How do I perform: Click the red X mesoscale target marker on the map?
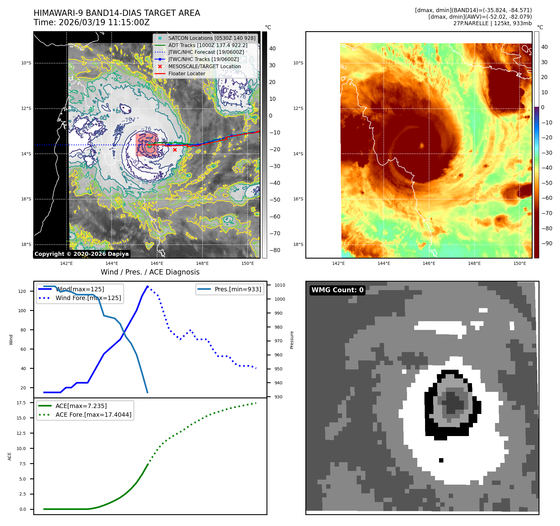coord(175,150)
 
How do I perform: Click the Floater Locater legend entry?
coord(187,74)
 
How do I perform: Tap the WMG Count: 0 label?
coord(337,290)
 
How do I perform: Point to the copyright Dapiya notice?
coord(81,254)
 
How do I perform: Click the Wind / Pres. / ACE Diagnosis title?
coord(150,272)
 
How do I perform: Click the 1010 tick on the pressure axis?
coord(280,285)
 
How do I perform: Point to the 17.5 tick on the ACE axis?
coord(21,403)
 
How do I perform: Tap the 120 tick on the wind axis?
coord(22,291)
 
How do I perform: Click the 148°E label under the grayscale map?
coord(202,263)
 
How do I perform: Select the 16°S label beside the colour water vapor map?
coord(298,199)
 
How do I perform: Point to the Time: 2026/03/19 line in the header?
coord(91,23)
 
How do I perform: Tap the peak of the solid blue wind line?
coord(147,286)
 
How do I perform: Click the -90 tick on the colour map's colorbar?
coord(547,243)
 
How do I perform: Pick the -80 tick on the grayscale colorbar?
coord(275,250)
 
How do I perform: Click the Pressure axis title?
coord(292,340)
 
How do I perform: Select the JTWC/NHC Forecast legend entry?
coord(206,52)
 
